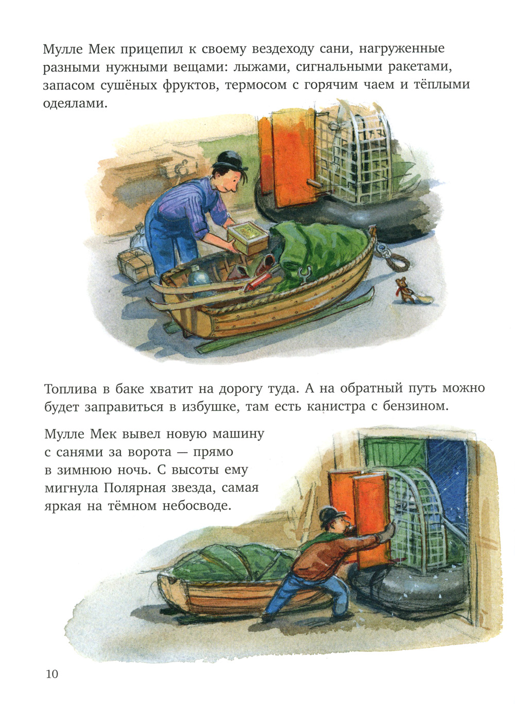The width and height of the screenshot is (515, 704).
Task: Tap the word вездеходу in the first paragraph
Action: pyautogui.click(x=283, y=49)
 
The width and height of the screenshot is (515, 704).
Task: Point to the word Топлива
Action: pyautogui.click(x=71, y=390)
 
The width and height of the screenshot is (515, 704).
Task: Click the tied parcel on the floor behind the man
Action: pyautogui.click(x=135, y=265)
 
